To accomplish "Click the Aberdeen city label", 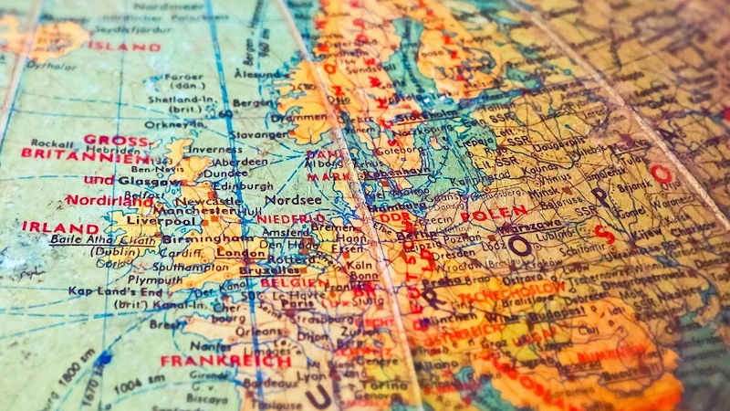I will point(240,161).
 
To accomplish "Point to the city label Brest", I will point(161,324).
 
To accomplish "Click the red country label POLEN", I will point(494,213).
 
